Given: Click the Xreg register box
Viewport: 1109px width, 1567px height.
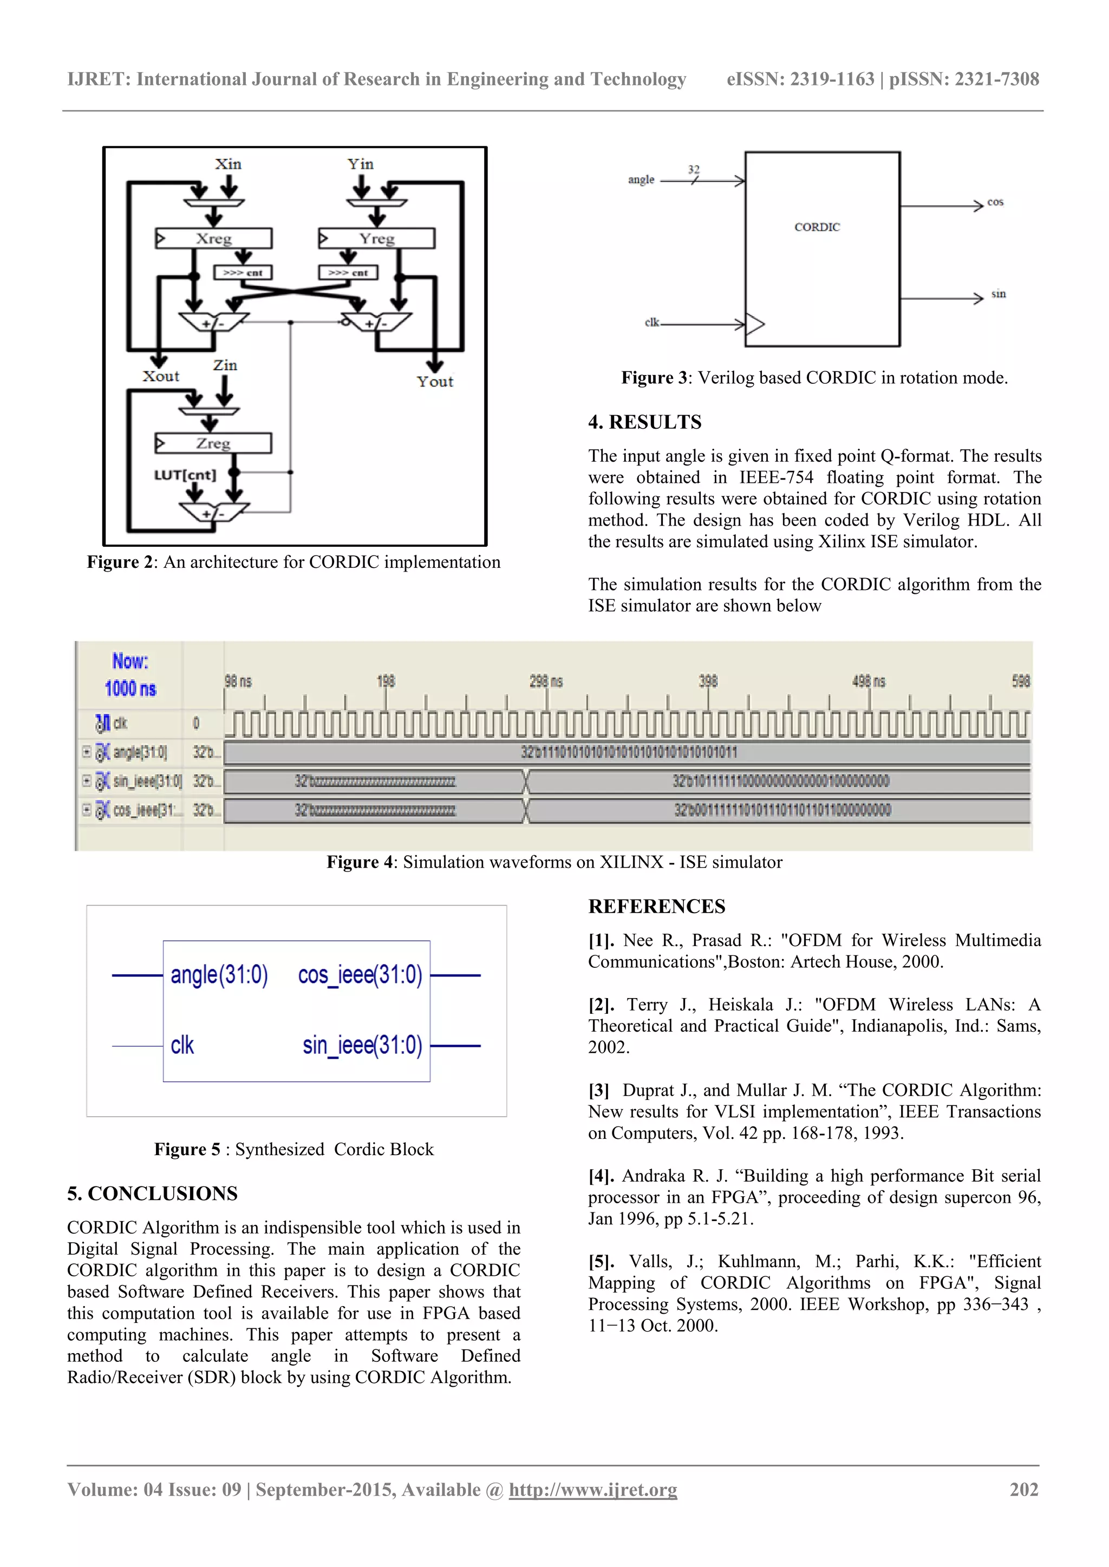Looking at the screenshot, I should point(214,238).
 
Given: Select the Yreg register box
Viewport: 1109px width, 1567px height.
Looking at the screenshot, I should point(377,238).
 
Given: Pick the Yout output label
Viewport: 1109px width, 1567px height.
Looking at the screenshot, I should point(435,382).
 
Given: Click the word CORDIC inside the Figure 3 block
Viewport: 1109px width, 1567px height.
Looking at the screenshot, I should point(817,227).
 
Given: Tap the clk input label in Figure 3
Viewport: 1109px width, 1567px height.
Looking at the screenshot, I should point(652,322).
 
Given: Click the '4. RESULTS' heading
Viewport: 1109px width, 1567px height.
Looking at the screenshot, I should point(644,422).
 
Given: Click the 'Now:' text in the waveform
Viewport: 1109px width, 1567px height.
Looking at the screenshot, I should point(130,661).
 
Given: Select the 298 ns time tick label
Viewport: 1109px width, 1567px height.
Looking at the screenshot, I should point(546,681).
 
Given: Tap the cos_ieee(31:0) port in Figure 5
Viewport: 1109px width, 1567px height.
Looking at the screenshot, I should point(360,975).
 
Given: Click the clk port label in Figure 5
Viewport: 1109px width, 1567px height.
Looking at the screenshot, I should point(182,1045).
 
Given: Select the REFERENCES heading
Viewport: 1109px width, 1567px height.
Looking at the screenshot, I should point(656,906).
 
